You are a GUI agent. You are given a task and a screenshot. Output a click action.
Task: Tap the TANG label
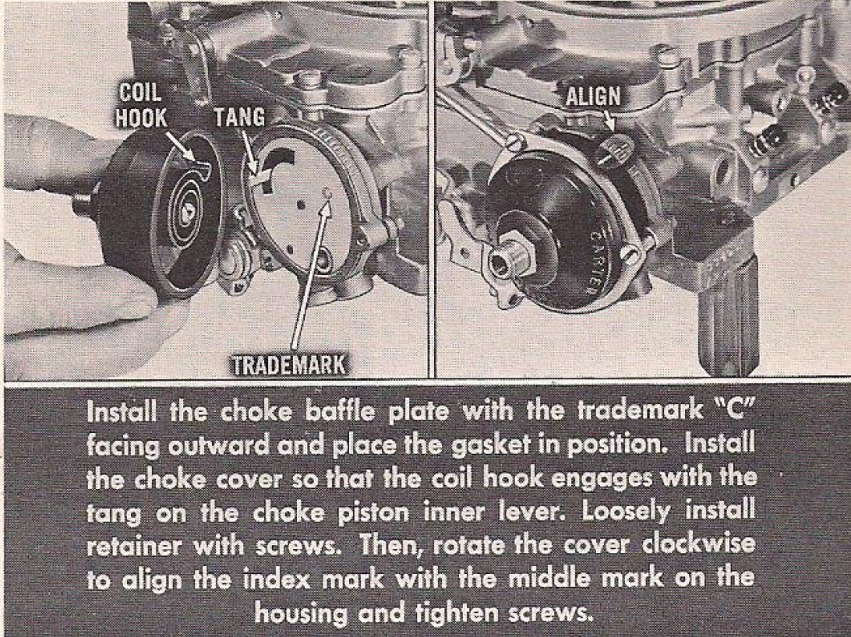click(x=239, y=118)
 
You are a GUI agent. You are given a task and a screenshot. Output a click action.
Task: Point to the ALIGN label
click(x=593, y=97)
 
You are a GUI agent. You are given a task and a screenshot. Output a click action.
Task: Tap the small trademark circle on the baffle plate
click(x=327, y=191)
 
